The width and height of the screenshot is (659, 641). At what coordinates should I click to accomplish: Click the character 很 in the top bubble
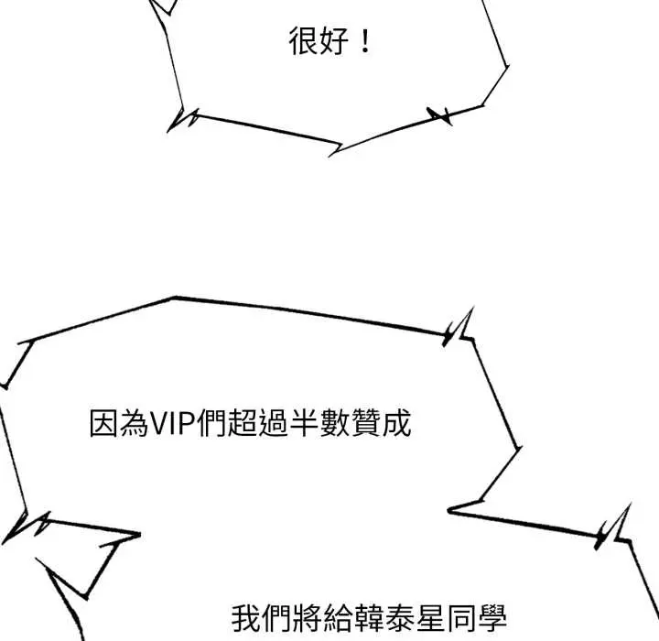click(x=302, y=42)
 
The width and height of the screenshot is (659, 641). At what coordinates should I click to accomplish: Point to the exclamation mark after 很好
click(x=365, y=42)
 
